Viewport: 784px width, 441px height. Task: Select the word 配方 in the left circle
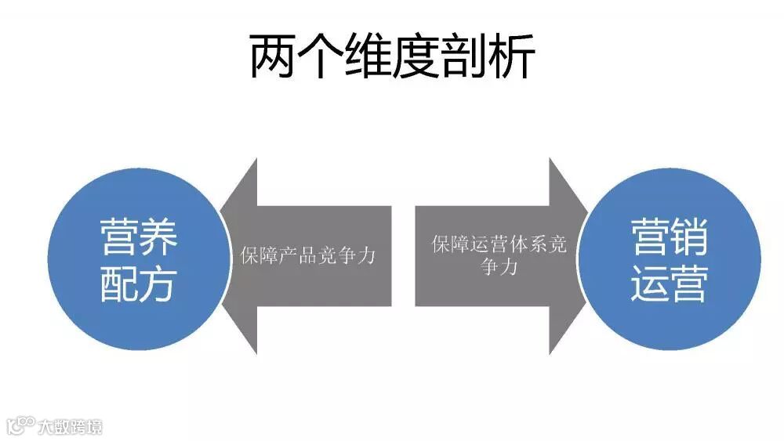[139, 285]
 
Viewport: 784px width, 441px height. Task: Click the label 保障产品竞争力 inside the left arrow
[309, 256]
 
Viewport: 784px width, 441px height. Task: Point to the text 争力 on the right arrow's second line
[499, 267]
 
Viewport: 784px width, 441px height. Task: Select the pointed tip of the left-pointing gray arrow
[223, 255]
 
